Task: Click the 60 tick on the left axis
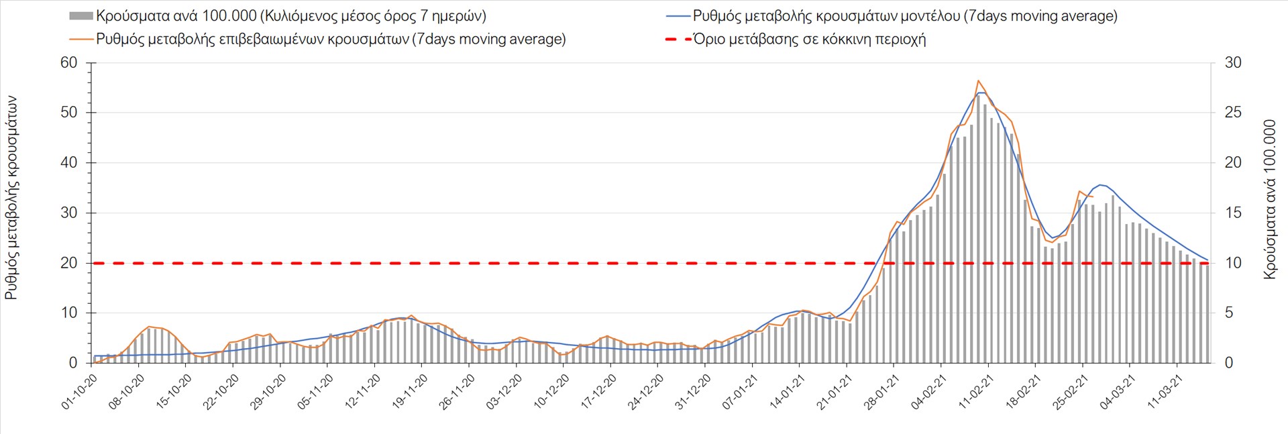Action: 69,63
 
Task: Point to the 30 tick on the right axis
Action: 1233,63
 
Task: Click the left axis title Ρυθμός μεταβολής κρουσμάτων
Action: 11,197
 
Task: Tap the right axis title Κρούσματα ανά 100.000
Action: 1269,199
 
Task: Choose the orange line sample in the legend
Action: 80,40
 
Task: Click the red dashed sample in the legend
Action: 678,40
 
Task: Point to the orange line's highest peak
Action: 978,80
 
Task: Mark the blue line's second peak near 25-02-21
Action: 1101,184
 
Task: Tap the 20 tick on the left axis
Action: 69,263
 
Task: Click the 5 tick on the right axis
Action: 1229,313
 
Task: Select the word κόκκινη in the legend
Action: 839,40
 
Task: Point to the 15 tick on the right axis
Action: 1233,213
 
